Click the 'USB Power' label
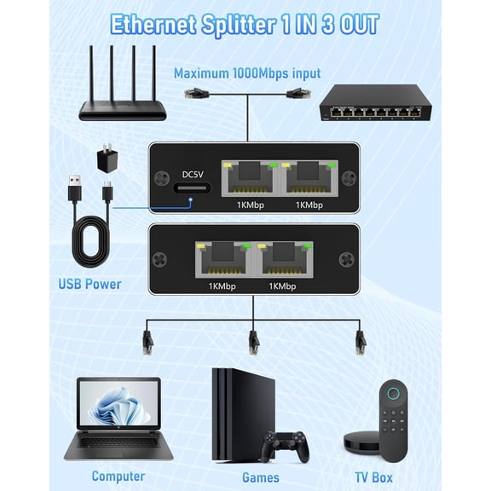[90, 284]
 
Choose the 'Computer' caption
[118, 476]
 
